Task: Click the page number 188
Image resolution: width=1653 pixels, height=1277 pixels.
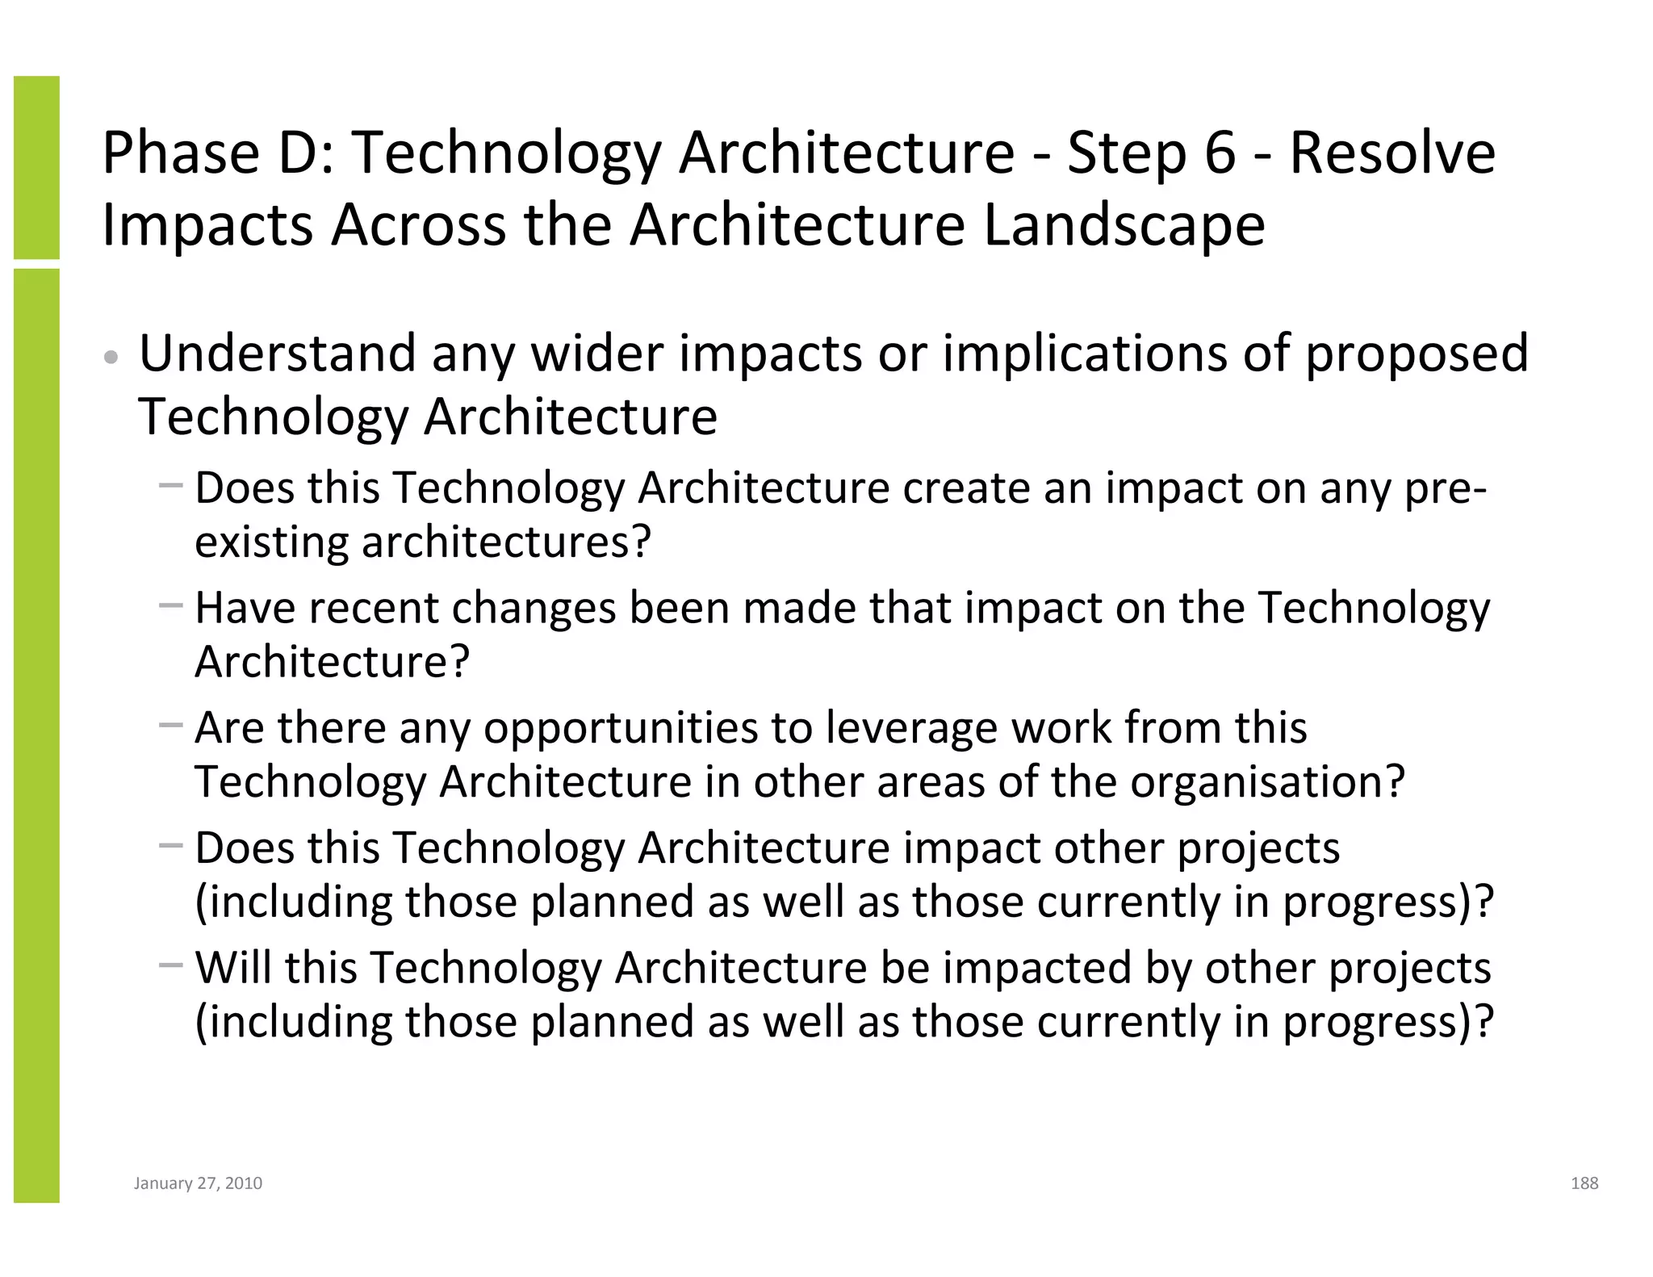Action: [x=1584, y=1183]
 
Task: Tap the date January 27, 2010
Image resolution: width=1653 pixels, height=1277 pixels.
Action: [x=198, y=1183]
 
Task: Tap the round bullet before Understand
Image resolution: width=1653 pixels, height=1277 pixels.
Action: [x=113, y=358]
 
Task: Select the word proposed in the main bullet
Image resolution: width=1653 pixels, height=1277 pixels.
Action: [x=1417, y=355]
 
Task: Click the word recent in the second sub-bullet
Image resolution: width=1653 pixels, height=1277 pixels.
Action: [x=373, y=607]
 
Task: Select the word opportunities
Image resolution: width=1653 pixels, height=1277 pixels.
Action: [x=621, y=728]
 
